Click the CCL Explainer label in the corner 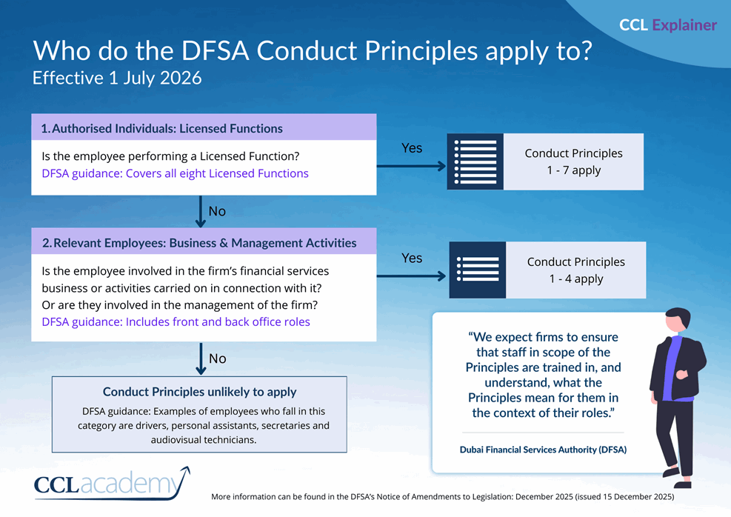(x=667, y=25)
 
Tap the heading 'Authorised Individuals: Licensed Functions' (x=161, y=128)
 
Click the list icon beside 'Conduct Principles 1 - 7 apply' (x=475, y=162)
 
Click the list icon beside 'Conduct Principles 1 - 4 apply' (x=477, y=270)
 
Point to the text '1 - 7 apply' (x=573, y=170)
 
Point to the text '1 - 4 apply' (x=575, y=278)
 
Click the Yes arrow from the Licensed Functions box (x=411, y=165)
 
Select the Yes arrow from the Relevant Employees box (x=411, y=276)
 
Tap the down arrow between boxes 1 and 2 (x=200, y=211)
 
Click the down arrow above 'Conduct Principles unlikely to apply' (x=200, y=358)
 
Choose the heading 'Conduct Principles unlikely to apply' (x=199, y=392)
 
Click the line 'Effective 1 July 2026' (x=117, y=78)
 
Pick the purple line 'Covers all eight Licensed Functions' (x=175, y=173)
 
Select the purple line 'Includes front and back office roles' (x=176, y=321)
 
